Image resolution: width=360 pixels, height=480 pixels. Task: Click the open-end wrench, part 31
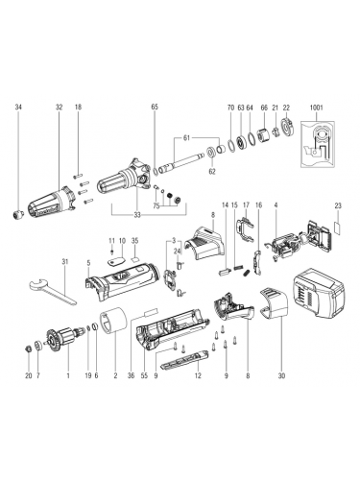tap(53, 291)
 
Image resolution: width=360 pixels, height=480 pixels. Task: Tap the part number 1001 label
tap(316, 108)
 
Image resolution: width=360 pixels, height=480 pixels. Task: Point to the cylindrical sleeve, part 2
tap(113, 321)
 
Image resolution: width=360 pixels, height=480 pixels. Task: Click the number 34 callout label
tap(18, 108)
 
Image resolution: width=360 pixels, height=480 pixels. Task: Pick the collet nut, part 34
tap(18, 214)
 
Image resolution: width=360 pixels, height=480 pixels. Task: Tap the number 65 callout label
tap(155, 108)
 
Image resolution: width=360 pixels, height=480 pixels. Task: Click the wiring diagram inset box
tap(318, 144)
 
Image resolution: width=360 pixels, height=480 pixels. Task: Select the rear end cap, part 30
tap(273, 302)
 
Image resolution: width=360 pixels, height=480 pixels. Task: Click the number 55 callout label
tap(144, 375)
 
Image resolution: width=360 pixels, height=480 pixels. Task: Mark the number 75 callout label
tap(156, 206)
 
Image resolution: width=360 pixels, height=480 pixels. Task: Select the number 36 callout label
tap(131, 375)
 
